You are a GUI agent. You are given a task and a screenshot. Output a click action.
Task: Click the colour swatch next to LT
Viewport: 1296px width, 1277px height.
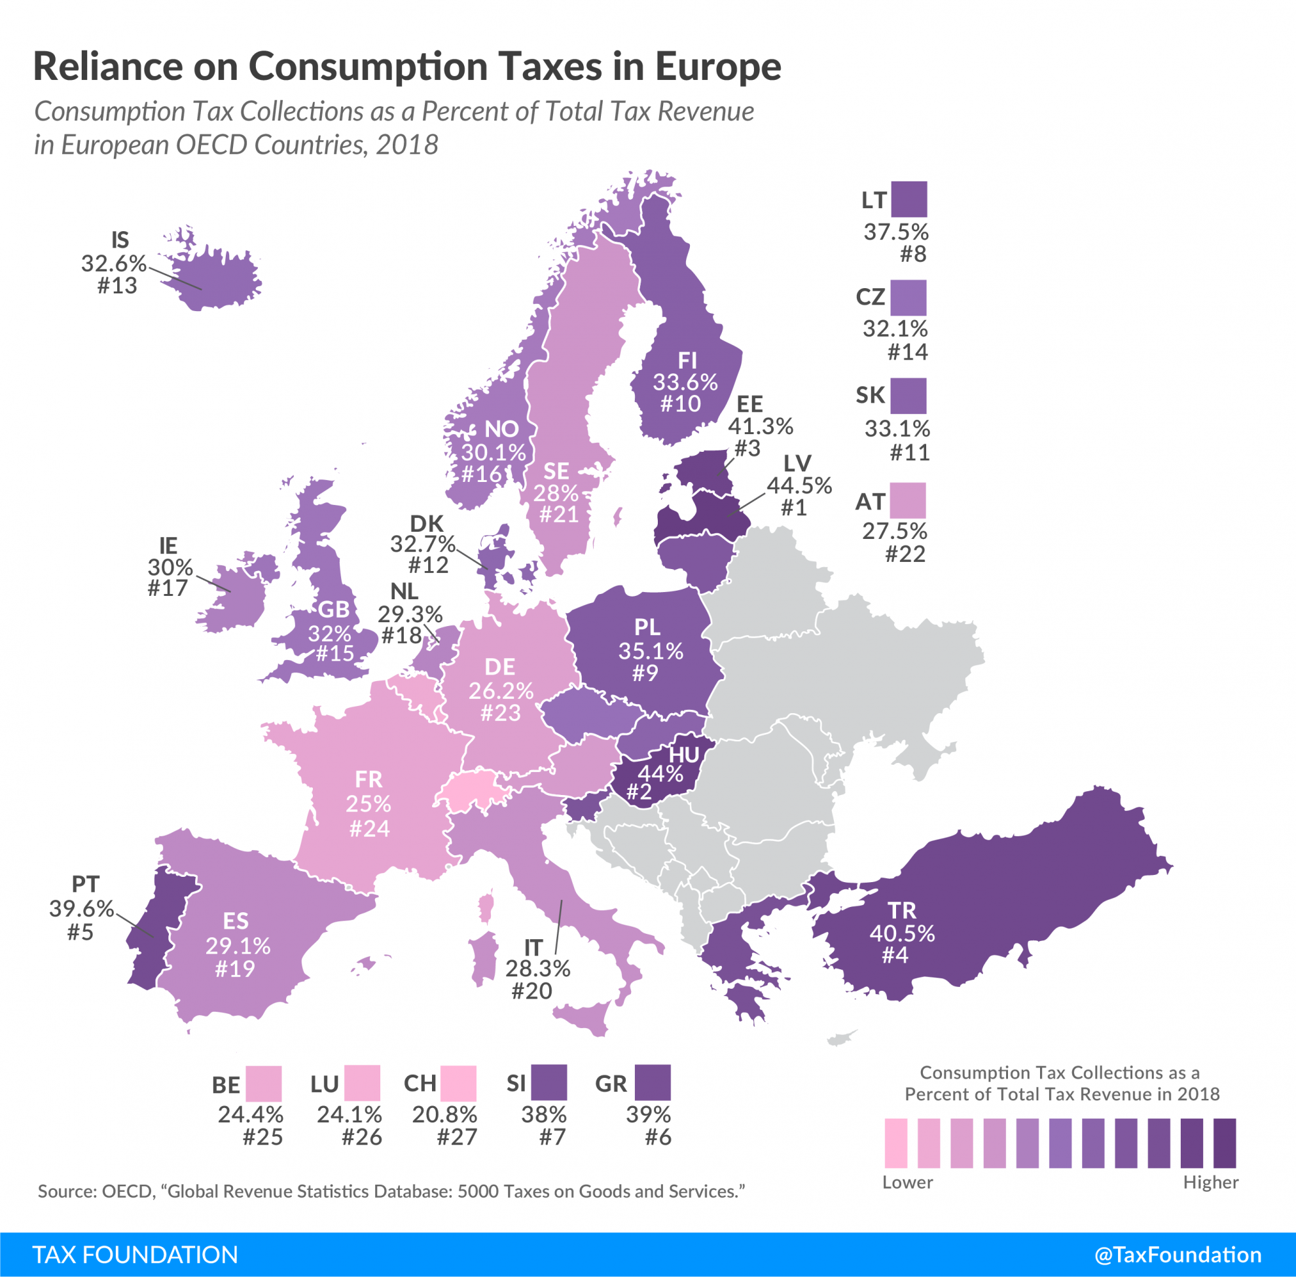pyautogui.click(x=910, y=199)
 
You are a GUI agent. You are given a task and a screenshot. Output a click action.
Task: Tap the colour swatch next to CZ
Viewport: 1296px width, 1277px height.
pyautogui.click(x=909, y=298)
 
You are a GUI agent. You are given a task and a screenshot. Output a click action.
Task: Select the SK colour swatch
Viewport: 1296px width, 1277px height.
pyautogui.click(x=909, y=396)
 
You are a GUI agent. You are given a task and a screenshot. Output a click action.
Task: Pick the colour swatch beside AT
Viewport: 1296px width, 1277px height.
pyautogui.click(x=908, y=500)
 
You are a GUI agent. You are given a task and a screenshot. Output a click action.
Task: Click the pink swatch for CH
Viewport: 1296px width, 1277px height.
pyautogui.click(x=459, y=1083)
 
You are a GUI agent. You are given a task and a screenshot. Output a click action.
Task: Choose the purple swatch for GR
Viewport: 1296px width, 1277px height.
pyautogui.click(x=653, y=1083)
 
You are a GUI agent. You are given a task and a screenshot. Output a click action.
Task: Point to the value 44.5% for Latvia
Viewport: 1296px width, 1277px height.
pyautogui.click(x=799, y=485)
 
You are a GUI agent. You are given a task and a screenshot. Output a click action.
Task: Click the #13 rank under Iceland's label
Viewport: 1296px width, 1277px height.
pyautogui.click(x=117, y=286)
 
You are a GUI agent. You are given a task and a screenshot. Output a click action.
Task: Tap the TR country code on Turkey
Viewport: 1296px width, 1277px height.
pyautogui.click(x=902, y=910)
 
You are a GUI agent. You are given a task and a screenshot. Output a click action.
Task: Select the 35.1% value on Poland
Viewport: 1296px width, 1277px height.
pyautogui.click(x=651, y=650)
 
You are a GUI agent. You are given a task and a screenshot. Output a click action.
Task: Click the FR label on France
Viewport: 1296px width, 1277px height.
pyautogui.click(x=369, y=779)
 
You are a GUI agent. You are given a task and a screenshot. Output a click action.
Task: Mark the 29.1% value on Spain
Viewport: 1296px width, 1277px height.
pyautogui.click(x=238, y=946)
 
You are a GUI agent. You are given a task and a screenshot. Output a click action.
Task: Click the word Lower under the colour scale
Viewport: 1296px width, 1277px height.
pyautogui.click(x=907, y=1183)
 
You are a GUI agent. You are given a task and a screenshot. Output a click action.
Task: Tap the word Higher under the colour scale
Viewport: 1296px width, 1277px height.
pyautogui.click(x=1210, y=1183)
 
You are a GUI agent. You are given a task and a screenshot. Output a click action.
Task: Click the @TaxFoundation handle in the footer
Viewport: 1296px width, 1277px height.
pyautogui.click(x=1178, y=1255)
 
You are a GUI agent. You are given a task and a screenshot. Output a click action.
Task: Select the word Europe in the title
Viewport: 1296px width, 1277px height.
pyautogui.click(x=718, y=67)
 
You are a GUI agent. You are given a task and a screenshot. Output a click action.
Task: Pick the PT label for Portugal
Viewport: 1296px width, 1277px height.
pyautogui.click(x=86, y=885)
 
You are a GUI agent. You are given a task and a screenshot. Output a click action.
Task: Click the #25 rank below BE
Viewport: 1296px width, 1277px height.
pyautogui.click(x=263, y=1137)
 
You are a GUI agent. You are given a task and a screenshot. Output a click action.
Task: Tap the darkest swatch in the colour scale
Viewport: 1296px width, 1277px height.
pyautogui.click(x=1224, y=1143)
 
